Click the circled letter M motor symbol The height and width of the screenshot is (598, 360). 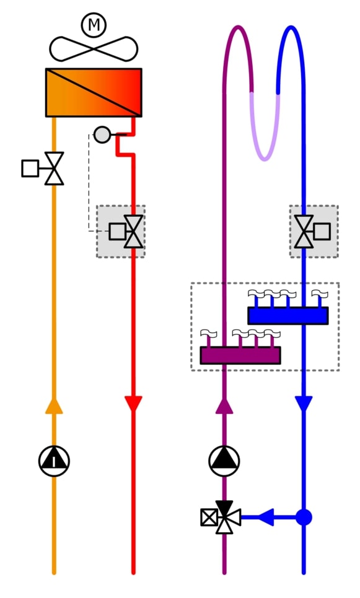pyautogui.click(x=94, y=25)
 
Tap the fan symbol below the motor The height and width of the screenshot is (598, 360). pyautogui.click(x=94, y=49)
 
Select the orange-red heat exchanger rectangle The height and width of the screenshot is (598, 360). pyautogui.click(x=94, y=93)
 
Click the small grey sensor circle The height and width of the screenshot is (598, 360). pyautogui.click(x=102, y=134)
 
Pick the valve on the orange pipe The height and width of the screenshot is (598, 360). pyautogui.click(x=54, y=169)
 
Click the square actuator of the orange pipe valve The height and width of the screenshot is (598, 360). pyautogui.click(x=30, y=169)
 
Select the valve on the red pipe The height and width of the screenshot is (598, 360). pyautogui.click(x=133, y=232)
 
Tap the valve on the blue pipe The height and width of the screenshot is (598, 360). pyautogui.click(x=304, y=232)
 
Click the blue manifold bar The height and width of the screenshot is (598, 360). pyautogui.click(x=288, y=316)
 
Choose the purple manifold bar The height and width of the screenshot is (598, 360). pyautogui.click(x=240, y=356)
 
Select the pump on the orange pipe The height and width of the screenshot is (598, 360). pyautogui.click(x=54, y=461)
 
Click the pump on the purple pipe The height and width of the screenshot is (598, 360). pyautogui.click(x=224, y=461)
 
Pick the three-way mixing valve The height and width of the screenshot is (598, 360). pyautogui.click(x=225, y=517)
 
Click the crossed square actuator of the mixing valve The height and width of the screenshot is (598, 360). pyautogui.click(x=209, y=517)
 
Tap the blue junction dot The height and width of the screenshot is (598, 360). pyautogui.click(x=304, y=517)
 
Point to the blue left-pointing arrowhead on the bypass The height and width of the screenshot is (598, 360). pyautogui.click(x=266, y=517)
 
